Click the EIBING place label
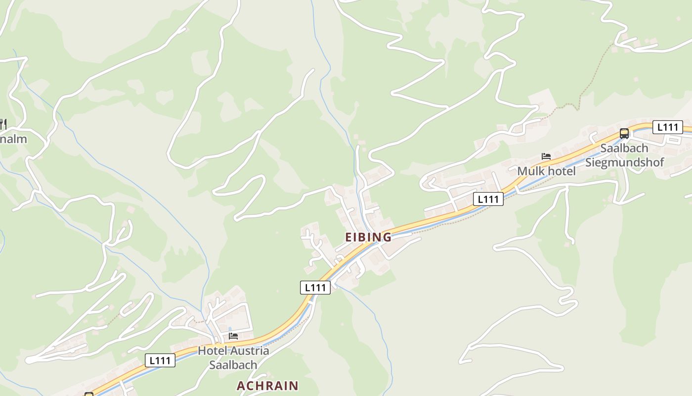[368, 237]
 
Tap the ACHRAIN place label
[267, 386]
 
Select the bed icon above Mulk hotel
[546, 156]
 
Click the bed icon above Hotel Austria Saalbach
[233, 336]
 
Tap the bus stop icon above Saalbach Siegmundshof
[624, 133]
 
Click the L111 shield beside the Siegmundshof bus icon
[668, 127]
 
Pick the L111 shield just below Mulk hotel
[488, 199]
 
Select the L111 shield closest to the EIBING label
[315, 287]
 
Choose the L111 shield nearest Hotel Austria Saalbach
[160, 360]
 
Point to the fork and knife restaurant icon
[3, 123]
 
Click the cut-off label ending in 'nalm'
[13, 139]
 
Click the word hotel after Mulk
[561, 171]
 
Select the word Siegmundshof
[625, 162]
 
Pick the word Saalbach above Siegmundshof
[624, 148]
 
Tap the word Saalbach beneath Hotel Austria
[233, 365]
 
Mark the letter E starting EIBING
[348, 237]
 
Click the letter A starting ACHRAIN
[241, 386]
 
